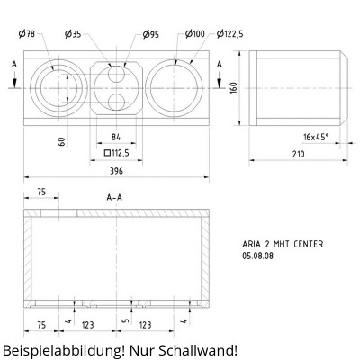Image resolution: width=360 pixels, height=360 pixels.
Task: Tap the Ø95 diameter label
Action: coord(152,34)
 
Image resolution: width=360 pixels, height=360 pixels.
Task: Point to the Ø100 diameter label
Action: coord(195,34)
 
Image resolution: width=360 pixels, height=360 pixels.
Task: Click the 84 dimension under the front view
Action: coord(115,137)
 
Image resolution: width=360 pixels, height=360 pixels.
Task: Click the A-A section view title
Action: coord(115,197)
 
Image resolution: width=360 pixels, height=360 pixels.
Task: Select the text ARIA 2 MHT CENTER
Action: coord(283,244)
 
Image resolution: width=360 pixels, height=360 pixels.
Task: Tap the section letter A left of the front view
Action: coord(14,66)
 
